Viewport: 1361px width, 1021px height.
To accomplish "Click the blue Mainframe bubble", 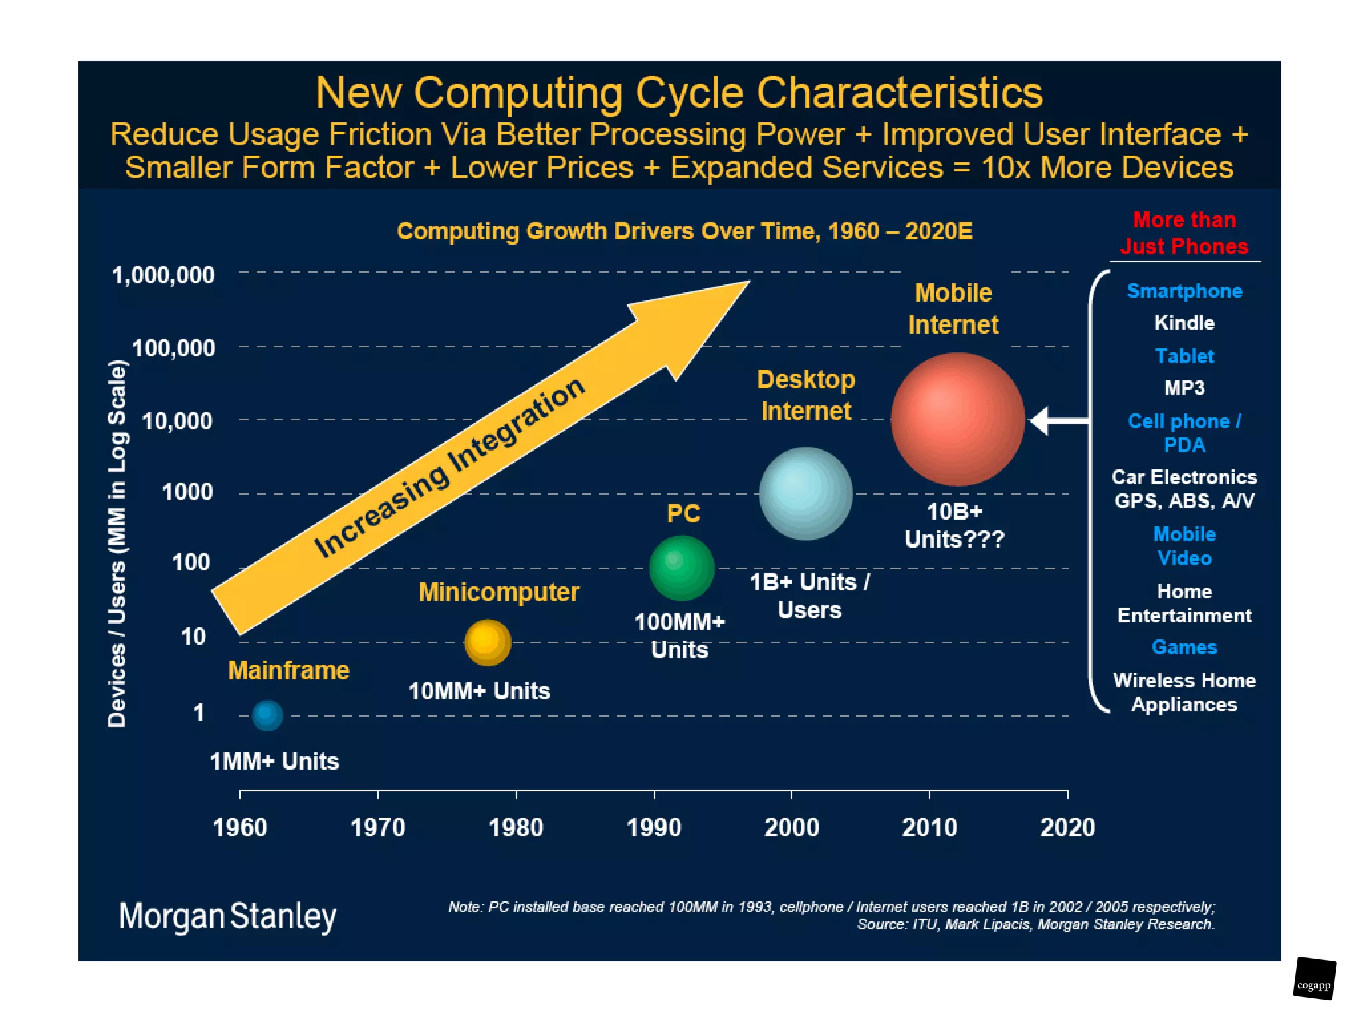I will (267, 715).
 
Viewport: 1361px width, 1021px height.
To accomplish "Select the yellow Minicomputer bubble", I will (488, 642).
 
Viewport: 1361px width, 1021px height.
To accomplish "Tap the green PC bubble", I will (681, 568).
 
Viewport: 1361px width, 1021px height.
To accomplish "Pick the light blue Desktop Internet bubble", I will (805, 493).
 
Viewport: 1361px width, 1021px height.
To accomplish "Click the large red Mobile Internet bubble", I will (957, 419).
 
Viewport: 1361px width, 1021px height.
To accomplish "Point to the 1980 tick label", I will (516, 828).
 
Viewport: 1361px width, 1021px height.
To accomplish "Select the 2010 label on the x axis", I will (929, 828).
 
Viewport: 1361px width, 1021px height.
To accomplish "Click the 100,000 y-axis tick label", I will (173, 348).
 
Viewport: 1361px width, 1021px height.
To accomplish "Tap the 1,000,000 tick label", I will (163, 275).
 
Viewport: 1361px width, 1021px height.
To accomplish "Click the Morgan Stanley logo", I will (227, 916).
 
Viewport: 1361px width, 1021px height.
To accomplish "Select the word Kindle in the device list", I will (1184, 323).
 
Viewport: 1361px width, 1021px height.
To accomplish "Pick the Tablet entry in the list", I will (1184, 356).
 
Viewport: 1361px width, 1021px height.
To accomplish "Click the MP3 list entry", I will (1184, 388).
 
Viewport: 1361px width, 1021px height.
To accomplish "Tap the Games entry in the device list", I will (1184, 647).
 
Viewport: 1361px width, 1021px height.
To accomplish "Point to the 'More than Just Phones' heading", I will (1184, 233).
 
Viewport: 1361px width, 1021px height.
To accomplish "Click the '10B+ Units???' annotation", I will (955, 525).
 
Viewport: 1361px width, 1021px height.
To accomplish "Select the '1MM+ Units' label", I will (274, 761).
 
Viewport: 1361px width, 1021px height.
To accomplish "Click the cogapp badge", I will (1314, 978).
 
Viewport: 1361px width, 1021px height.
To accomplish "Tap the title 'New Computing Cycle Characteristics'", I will (679, 92).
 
